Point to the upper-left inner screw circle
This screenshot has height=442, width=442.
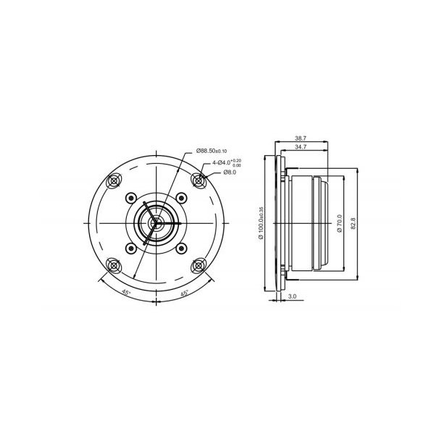[130, 196]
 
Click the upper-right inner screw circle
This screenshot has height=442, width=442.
[177, 196]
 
